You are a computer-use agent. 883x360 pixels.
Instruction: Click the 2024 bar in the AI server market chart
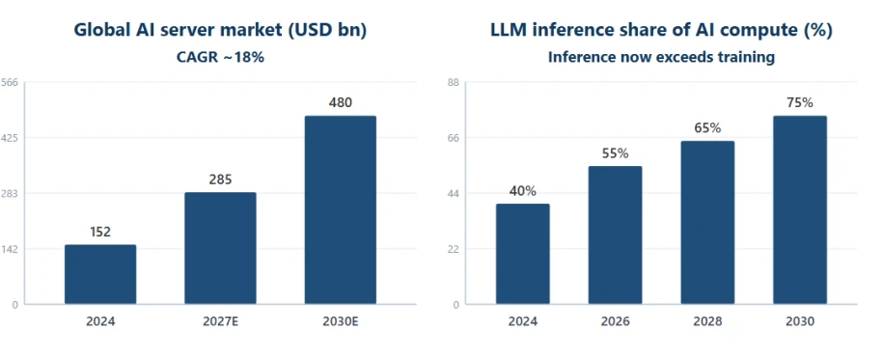(100, 274)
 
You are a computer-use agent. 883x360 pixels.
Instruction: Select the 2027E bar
(220, 248)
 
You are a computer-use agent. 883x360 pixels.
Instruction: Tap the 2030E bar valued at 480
(340, 210)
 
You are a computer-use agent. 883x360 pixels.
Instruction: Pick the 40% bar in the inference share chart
(523, 254)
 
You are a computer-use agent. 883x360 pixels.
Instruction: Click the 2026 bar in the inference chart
(615, 235)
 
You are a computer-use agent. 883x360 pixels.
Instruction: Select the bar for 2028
(707, 223)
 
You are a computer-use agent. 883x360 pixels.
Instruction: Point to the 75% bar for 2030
(800, 210)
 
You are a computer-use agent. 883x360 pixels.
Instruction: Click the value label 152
(100, 232)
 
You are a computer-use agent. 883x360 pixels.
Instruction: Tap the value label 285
(220, 180)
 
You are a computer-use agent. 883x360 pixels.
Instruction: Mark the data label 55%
(615, 153)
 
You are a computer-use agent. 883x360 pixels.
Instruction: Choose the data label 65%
(707, 128)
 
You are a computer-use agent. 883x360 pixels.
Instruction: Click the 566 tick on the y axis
(10, 83)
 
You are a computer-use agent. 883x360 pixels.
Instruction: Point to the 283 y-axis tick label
(10, 193)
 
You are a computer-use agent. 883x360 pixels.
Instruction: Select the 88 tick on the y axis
(454, 83)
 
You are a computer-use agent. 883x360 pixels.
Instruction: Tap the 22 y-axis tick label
(454, 249)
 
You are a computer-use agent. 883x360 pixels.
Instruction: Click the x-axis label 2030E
(340, 321)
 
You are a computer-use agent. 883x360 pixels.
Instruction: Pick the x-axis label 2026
(615, 321)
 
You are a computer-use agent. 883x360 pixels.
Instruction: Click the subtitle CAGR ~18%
(220, 57)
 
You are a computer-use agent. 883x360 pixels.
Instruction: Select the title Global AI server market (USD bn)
(220, 31)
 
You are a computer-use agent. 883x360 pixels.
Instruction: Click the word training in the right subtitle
(750, 58)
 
